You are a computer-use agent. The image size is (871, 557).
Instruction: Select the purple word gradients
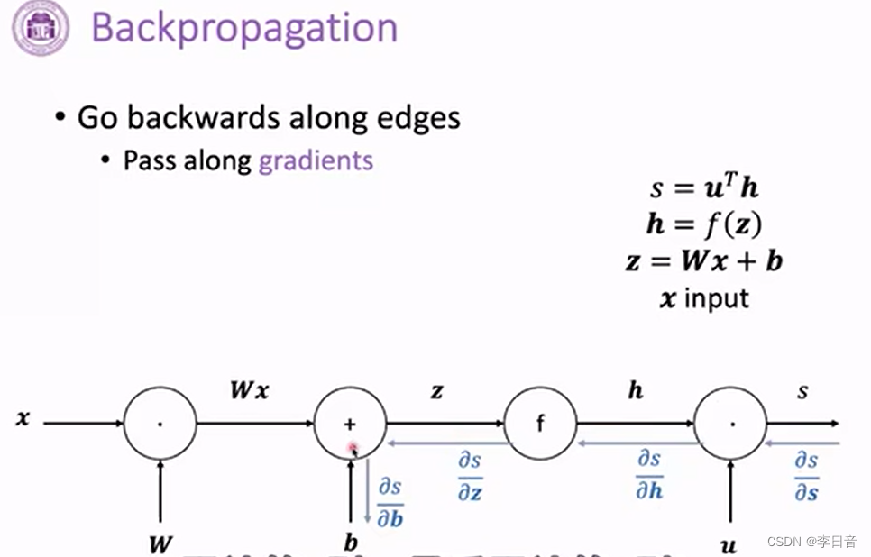[316, 160]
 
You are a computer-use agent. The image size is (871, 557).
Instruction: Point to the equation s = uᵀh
[703, 188]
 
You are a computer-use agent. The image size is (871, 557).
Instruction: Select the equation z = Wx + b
[703, 261]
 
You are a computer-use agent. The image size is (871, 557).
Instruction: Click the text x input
[703, 298]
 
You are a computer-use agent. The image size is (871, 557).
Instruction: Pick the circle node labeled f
[540, 424]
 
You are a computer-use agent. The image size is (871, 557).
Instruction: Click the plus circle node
[350, 424]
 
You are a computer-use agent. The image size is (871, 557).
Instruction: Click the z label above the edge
[436, 392]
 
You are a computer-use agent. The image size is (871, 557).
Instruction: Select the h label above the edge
[635, 391]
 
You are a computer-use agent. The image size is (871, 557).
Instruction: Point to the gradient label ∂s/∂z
[470, 476]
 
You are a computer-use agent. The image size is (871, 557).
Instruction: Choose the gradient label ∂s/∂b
[390, 501]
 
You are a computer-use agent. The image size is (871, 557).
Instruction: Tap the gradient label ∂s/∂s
[806, 475]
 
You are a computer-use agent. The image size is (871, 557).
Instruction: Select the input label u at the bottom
[729, 543]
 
